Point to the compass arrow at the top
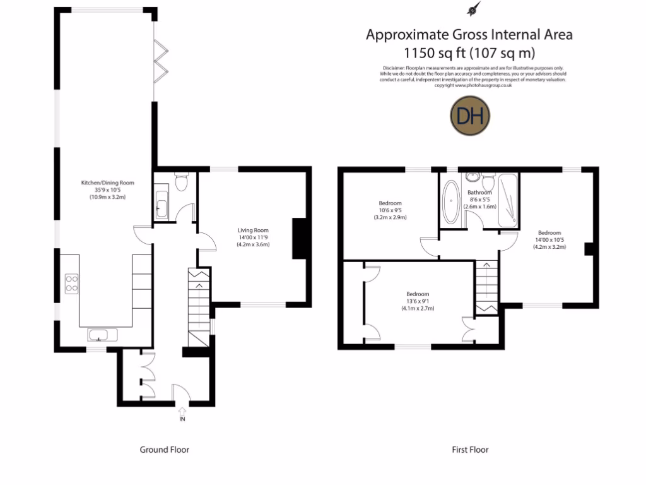[x=471, y=9]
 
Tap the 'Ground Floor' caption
[x=164, y=450]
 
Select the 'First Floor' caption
[x=470, y=450]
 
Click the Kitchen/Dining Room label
[x=107, y=183]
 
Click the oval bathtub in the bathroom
[x=451, y=202]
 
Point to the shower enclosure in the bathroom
[x=507, y=201]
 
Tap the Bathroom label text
[x=479, y=193]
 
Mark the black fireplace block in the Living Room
[x=299, y=238]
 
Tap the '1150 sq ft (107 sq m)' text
[x=469, y=52]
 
